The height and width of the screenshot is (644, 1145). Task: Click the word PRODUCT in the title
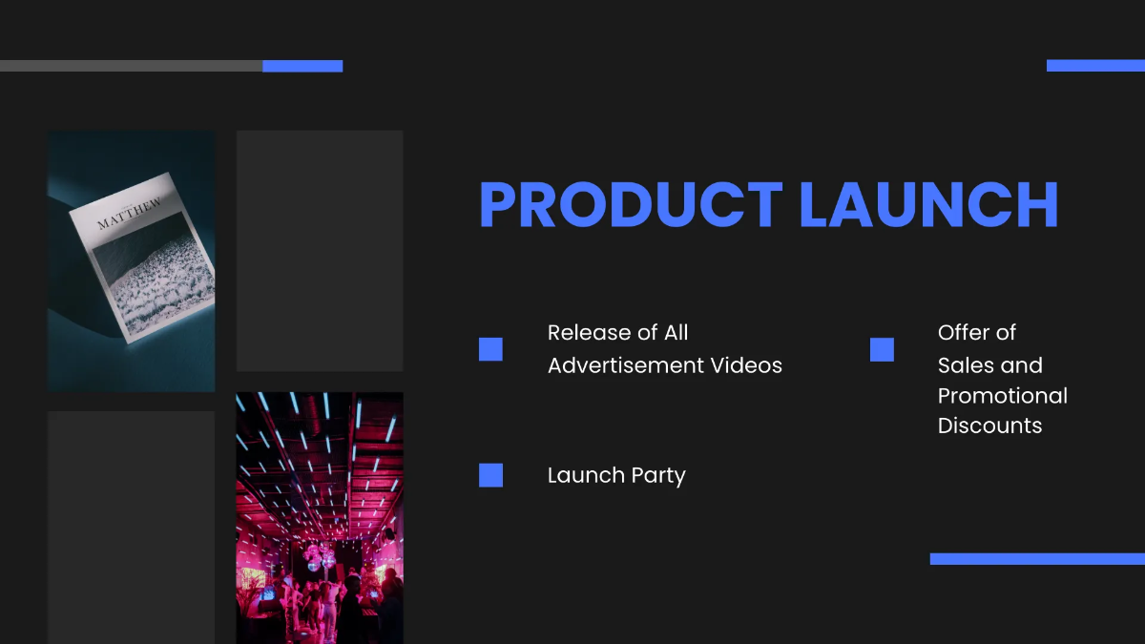pyautogui.click(x=631, y=204)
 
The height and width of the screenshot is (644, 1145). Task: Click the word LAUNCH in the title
pyautogui.click(x=928, y=204)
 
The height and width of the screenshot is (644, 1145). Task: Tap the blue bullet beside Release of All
pyautogui.click(x=490, y=349)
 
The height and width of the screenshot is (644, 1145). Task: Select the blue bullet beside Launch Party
pyautogui.click(x=490, y=475)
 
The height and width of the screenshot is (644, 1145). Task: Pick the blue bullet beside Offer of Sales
pyautogui.click(x=882, y=349)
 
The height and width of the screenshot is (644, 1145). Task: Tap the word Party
pyautogui.click(x=658, y=476)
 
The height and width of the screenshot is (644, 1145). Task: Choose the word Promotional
pyautogui.click(x=1003, y=397)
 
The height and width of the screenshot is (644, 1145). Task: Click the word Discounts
pyautogui.click(x=989, y=426)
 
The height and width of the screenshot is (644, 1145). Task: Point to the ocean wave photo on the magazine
pyautogui.click(x=154, y=276)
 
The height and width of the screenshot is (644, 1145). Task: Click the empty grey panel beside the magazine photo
pyautogui.click(x=320, y=250)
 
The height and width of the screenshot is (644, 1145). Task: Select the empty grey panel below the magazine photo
pyautogui.click(x=131, y=528)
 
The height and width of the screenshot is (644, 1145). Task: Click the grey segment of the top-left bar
pyautogui.click(x=132, y=66)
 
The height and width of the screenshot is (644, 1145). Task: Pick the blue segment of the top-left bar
pyautogui.click(x=302, y=66)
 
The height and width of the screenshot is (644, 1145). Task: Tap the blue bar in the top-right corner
pyautogui.click(x=1096, y=66)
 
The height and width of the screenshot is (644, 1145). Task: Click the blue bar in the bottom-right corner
pyautogui.click(x=1038, y=559)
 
